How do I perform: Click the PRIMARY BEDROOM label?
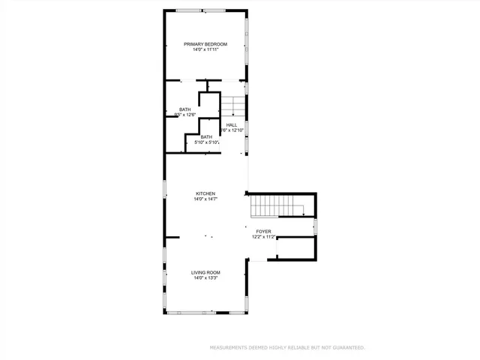click(205, 44)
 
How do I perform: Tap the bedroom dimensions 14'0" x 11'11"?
click(205, 50)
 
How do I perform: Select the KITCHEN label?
click(205, 193)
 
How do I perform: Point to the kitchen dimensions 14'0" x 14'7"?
click(205, 199)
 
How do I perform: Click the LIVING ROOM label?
click(205, 272)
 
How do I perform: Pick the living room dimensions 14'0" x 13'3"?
click(205, 278)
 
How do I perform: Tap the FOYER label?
click(263, 231)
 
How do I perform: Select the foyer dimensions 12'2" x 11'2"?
click(263, 237)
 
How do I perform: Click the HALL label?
click(232, 125)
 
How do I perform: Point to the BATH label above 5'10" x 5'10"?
click(205, 136)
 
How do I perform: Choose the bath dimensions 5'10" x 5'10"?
click(207, 142)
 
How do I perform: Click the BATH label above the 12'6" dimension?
click(184, 109)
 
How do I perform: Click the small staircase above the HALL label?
click(232, 105)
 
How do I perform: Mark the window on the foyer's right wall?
click(316, 224)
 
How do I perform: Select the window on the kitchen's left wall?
click(165, 190)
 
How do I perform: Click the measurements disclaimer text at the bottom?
click(287, 348)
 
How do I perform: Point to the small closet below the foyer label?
click(295, 248)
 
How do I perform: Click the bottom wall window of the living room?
click(205, 310)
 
